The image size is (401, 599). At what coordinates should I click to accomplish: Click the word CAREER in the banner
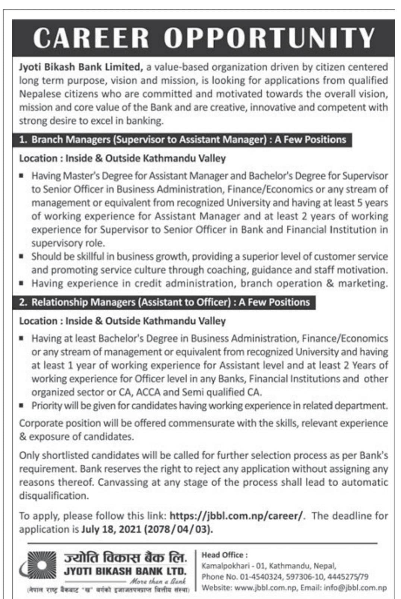(x=91, y=38)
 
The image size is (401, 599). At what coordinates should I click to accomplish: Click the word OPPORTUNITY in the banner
(x=269, y=38)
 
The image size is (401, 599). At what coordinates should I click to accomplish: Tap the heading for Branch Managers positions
(x=183, y=140)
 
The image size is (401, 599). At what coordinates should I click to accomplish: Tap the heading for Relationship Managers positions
(x=164, y=302)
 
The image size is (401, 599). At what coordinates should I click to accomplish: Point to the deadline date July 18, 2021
(x=111, y=529)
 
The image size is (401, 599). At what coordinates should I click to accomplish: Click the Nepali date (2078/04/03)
(x=179, y=529)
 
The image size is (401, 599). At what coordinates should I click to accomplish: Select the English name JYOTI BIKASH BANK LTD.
(x=125, y=571)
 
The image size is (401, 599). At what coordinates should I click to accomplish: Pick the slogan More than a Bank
(x=158, y=581)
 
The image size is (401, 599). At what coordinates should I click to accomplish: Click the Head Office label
(x=222, y=555)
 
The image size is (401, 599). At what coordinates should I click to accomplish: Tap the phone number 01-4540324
(x=260, y=577)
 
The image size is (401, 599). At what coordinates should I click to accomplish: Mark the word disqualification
(x=54, y=496)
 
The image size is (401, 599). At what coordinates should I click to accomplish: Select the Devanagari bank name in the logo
(x=125, y=558)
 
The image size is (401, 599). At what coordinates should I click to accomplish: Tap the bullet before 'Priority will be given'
(x=22, y=405)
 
